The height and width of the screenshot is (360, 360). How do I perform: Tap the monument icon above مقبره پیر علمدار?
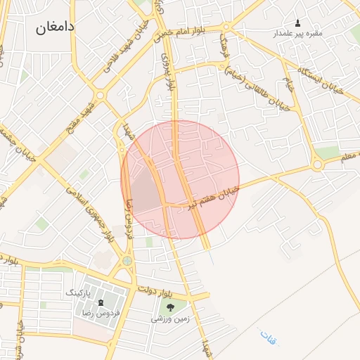pos(297,23)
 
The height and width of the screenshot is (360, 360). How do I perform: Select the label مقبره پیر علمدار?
pos(297,33)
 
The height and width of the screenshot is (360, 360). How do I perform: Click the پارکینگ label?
pos(79,292)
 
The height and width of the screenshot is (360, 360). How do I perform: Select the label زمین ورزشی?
pos(168,319)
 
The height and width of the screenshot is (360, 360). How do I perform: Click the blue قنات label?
pos(268,336)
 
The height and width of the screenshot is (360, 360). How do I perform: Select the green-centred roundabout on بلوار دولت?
pos(127,261)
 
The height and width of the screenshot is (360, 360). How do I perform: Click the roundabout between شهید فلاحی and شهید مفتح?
pos(101,94)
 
